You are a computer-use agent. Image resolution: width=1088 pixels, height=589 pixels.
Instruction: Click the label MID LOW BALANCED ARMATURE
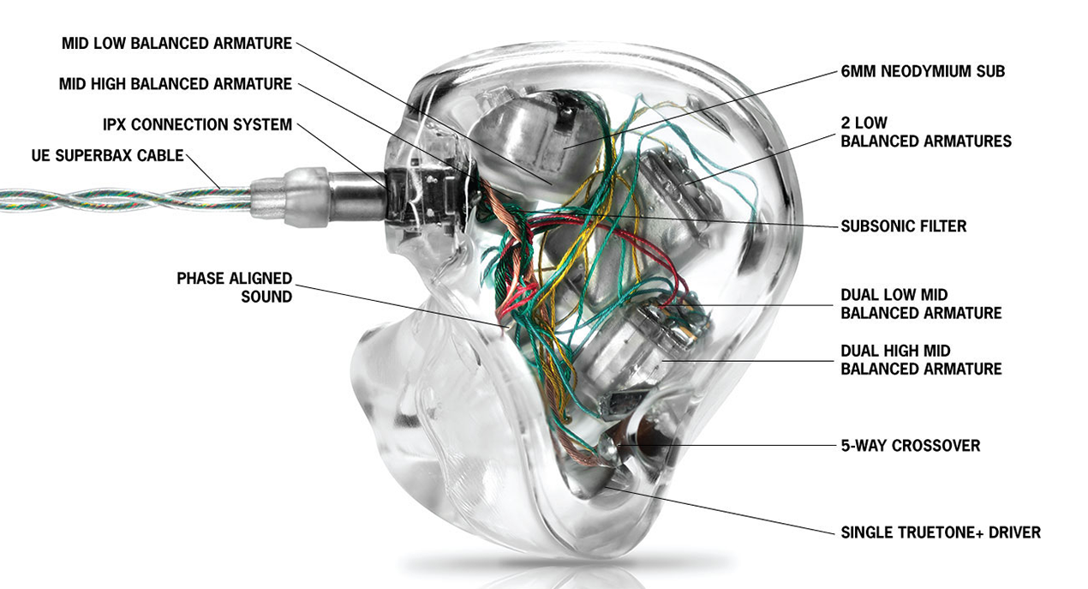click(177, 43)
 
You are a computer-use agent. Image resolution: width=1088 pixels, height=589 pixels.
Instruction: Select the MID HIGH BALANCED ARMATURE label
click(176, 84)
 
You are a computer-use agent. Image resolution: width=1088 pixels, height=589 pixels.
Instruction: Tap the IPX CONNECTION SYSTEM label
click(198, 125)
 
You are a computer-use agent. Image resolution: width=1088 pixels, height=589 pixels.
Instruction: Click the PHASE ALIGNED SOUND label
click(234, 287)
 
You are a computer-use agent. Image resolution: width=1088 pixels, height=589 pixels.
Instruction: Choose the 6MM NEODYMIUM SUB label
click(923, 72)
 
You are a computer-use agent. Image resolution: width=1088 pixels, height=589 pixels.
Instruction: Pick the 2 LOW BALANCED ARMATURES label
click(925, 132)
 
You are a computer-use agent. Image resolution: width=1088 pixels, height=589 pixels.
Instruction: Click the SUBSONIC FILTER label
click(903, 226)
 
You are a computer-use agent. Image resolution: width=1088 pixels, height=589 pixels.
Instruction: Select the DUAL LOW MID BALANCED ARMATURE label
click(921, 304)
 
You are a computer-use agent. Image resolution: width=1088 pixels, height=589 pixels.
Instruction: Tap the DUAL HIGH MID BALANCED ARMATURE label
click(921, 360)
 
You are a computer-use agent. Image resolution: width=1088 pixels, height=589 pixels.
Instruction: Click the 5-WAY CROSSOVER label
click(910, 446)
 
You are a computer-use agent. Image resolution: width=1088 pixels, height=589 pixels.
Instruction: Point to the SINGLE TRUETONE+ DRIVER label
click(941, 532)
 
